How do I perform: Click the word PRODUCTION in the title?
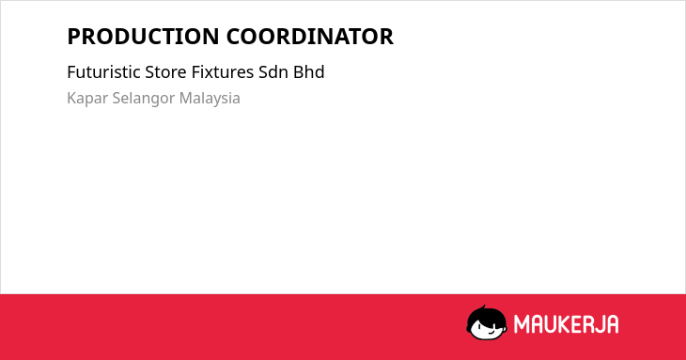[143, 37]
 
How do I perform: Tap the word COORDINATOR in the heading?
[310, 37]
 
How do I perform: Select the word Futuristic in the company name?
[103, 71]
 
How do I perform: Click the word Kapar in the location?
[87, 99]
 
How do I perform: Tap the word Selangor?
[144, 99]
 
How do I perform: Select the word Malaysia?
[210, 99]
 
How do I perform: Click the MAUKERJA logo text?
[566, 324]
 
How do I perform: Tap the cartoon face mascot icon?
[487, 323]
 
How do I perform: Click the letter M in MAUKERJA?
[522, 324]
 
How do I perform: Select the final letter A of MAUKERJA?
[612, 324]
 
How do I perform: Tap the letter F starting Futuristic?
[71, 71]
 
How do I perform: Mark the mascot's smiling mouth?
[491, 332]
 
